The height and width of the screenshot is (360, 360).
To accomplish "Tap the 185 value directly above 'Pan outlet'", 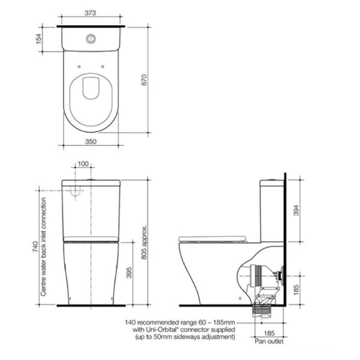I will tap(269, 332).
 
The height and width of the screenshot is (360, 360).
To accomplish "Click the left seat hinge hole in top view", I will tap(78, 66).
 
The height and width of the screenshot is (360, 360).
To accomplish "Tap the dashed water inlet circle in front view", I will tap(77, 191).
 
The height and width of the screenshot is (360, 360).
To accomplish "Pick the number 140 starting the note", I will tap(131, 322).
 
